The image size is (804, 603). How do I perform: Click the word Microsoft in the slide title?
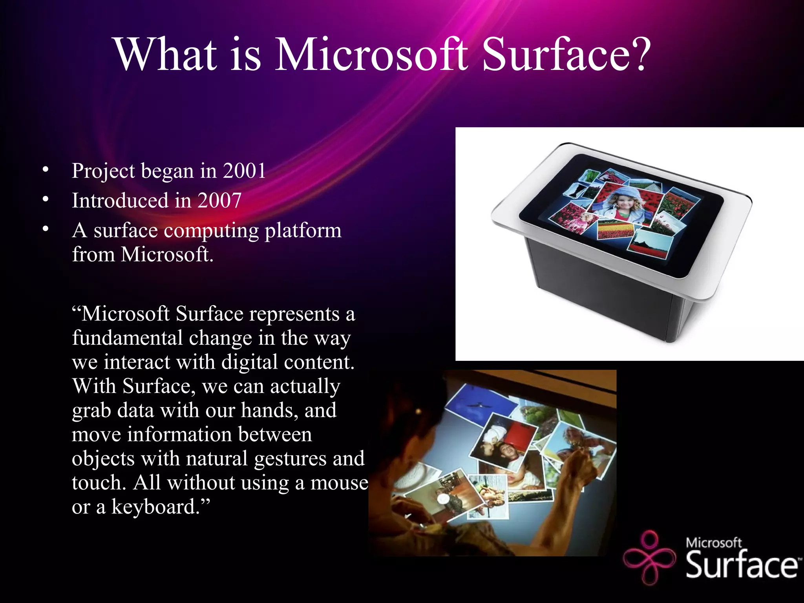tap(371, 55)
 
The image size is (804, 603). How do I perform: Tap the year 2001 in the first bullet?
tap(244, 171)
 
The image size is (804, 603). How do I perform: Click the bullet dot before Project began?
tap(46, 170)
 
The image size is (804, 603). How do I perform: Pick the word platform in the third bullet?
tap(303, 230)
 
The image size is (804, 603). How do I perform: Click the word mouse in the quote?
tap(339, 482)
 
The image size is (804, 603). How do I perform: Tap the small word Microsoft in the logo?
tap(713, 543)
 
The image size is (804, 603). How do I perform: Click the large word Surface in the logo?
tap(741, 565)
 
